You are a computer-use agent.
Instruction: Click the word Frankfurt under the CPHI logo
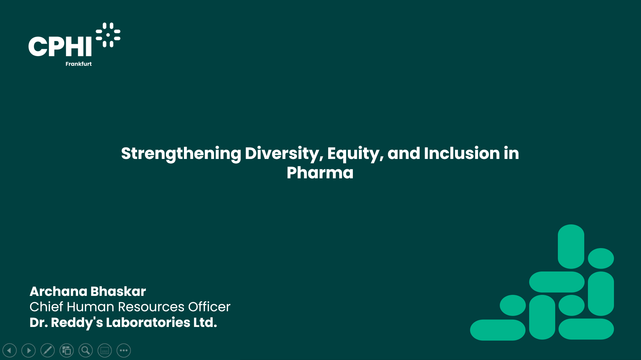[x=78, y=64]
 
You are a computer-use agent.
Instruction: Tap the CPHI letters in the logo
[x=60, y=46]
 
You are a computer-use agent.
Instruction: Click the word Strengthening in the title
[x=181, y=154]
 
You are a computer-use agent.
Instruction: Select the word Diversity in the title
[x=284, y=154]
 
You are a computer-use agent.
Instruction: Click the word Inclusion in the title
[x=462, y=153]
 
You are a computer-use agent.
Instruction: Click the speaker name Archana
[x=58, y=292]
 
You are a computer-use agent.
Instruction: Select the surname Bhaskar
[x=118, y=292]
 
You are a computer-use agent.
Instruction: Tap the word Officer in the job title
[x=209, y=307]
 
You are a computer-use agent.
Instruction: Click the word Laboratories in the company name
[x=148, y=323]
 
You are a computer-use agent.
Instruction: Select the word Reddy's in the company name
[x=77, y=323]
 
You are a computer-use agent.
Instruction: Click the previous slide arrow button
[x=10, y=351]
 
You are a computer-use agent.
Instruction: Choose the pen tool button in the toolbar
[x=48, y=351]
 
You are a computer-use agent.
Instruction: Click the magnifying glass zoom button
[x=86, y=351]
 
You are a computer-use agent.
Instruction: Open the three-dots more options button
[x=124, y=351]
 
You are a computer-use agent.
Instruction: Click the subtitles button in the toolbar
[x=105, y=351]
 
